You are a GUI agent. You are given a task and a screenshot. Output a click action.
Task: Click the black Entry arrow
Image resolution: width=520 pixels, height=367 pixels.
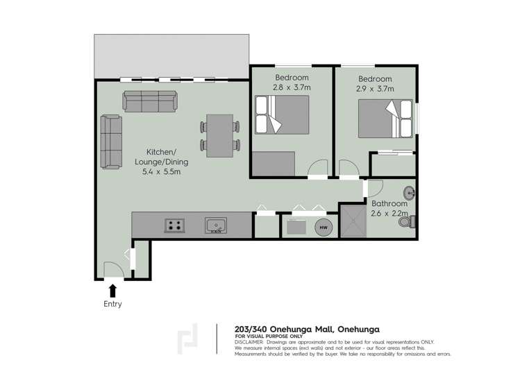112,290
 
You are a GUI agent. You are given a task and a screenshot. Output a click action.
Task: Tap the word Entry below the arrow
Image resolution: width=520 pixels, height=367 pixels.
112,304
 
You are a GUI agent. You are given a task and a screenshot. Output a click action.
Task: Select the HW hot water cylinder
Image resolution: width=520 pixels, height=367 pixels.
323,226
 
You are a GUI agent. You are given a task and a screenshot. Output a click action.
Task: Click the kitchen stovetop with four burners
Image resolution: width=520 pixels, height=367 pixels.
174,225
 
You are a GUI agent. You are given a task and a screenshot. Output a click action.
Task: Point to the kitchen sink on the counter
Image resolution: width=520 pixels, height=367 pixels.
215,225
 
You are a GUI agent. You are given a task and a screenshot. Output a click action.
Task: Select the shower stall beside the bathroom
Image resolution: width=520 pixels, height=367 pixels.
355,221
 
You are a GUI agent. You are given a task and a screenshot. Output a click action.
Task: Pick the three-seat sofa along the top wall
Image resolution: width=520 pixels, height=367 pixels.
149,101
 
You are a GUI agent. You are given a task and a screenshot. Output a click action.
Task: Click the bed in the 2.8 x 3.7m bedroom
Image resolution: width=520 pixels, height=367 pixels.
281,114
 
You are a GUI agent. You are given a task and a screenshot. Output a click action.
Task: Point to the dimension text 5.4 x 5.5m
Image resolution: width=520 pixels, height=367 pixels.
162,172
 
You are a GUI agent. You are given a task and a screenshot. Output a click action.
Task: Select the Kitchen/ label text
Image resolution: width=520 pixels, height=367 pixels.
161,152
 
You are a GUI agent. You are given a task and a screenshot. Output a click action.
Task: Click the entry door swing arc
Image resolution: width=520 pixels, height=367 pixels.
112,270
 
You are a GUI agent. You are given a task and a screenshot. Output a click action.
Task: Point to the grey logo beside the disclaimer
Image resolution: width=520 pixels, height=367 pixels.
189,338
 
